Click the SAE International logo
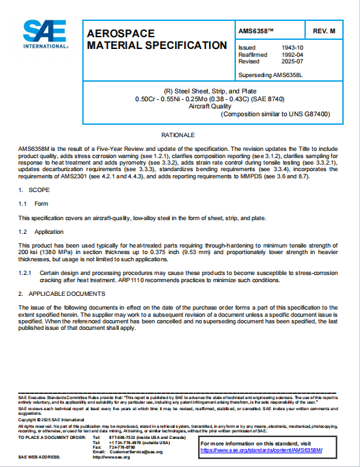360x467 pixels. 44,34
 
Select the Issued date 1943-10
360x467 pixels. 287,48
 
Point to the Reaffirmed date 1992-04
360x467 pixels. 287,55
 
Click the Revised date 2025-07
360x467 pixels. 287,61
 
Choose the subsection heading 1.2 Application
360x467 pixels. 41,231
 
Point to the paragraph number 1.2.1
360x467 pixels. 25,272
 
